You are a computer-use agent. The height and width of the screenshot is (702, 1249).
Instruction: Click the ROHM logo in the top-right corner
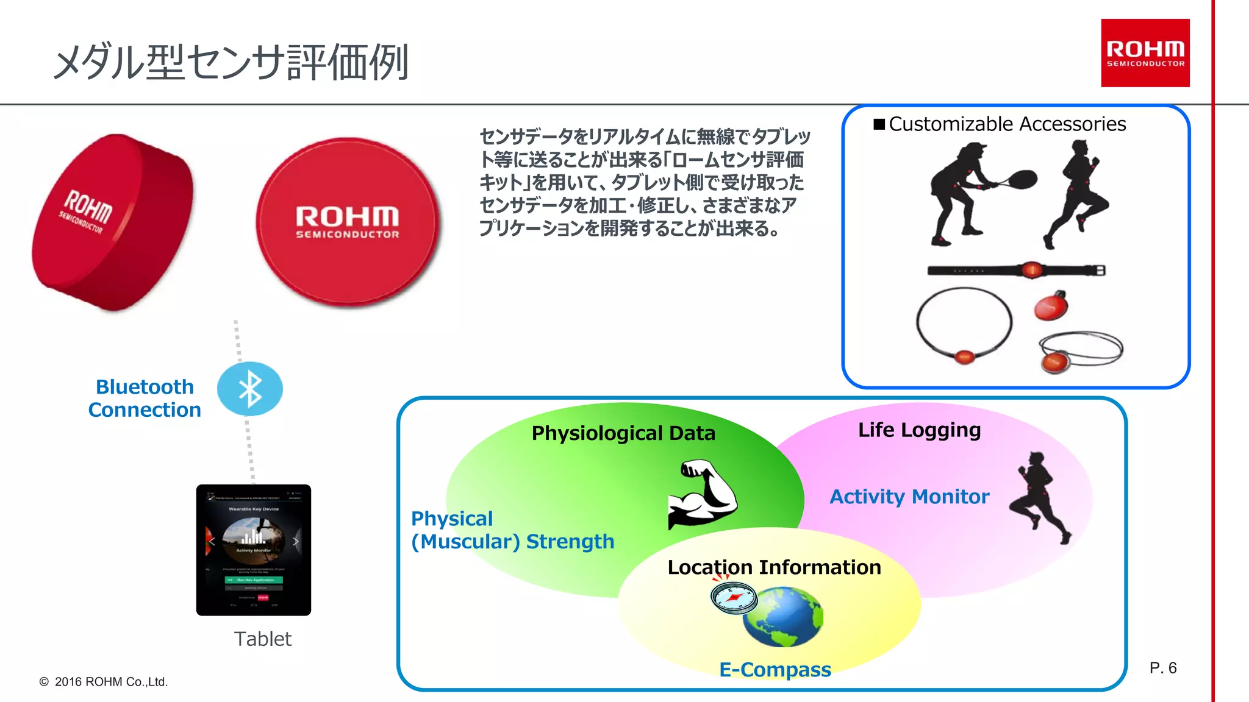tap(1145, 53)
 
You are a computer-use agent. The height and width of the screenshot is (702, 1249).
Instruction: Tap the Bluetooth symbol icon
tap(250, 389)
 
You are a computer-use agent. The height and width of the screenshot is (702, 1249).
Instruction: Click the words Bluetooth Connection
tap(145, 399)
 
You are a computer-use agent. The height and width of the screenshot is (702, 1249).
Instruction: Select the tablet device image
tap(254, 550)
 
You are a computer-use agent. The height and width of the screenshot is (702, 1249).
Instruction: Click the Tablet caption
tap(263, 639)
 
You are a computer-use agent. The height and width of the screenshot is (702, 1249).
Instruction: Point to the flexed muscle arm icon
tap(703, 494)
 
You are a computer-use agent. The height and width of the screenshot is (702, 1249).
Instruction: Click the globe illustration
tap(782, 617)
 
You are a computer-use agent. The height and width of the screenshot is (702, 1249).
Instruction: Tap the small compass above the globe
tap(734, 597)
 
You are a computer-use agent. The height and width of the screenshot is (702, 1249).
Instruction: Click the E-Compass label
tap(775, 670)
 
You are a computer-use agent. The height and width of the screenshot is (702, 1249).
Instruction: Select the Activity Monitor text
tap(909, 497)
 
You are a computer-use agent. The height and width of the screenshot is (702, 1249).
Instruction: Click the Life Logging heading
tap(919, 430)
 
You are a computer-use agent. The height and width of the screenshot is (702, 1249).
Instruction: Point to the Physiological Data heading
tap(623, 433)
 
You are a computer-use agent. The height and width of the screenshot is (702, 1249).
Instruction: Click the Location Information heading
tap(774, 567)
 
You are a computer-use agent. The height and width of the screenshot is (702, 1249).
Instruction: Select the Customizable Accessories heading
tap(1007, 124)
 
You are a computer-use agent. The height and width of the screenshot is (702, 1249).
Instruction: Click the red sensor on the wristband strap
tap(1031, 269)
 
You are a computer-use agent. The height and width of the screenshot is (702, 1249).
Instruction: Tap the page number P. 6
tap(1162, 668)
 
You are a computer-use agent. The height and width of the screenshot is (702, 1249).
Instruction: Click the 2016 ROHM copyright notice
tap(104, 682)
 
